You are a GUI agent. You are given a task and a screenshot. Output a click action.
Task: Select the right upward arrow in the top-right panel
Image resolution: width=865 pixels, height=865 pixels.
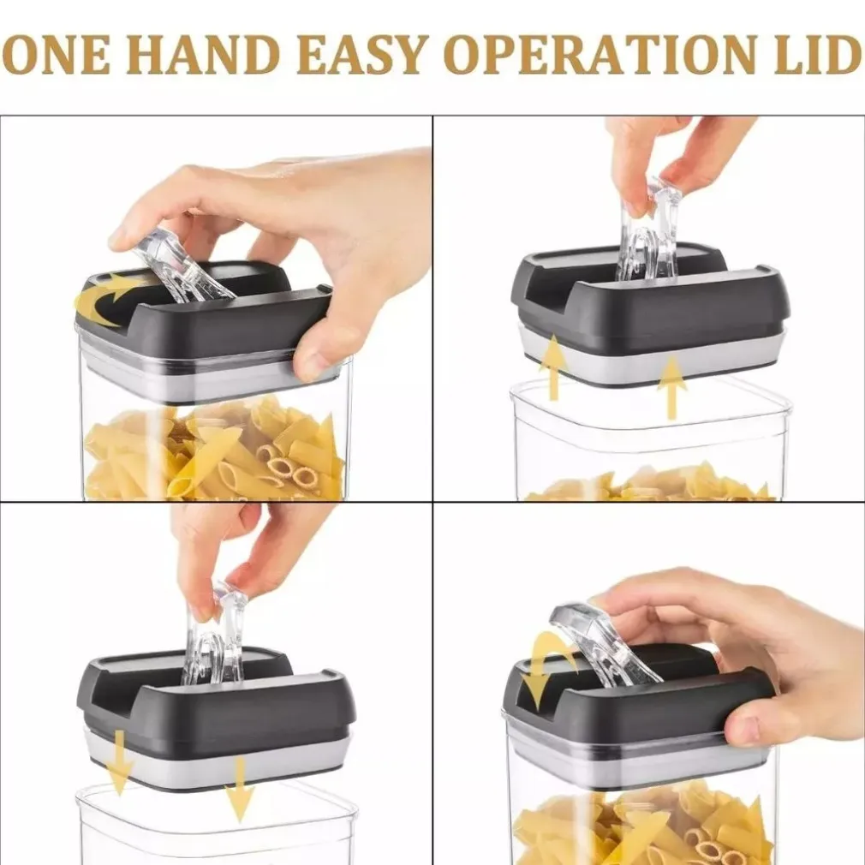pyautogui.click(x=671, y=387)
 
